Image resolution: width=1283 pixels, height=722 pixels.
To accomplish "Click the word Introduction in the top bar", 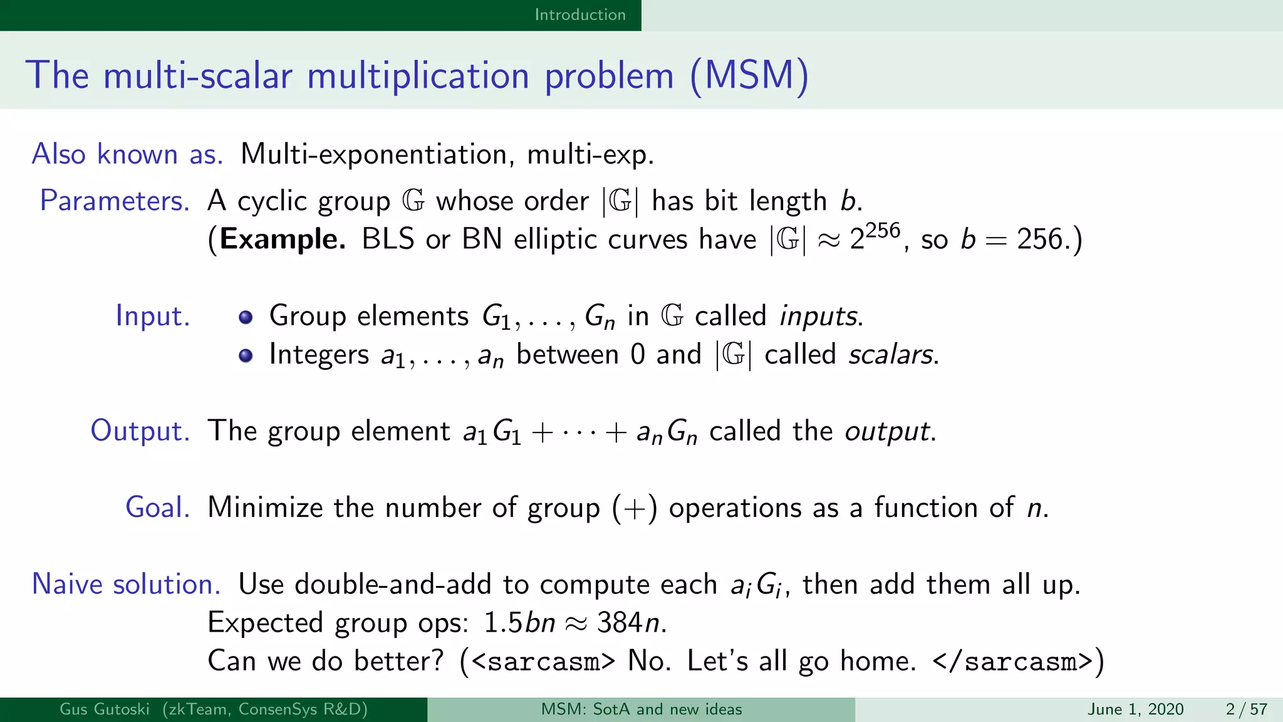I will tap(579, 14).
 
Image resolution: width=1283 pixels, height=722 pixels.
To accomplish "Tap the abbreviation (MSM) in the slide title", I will tap(749, 76).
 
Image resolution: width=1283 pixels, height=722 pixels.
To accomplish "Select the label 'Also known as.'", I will tap(127, 154).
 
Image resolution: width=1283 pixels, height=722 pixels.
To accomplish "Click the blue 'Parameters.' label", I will tap(115, 201).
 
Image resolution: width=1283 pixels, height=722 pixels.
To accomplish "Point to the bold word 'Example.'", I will tap(283, 239).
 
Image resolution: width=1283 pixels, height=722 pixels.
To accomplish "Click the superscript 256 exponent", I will tap(883, 231).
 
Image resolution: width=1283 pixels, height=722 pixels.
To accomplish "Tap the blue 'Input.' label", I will tap(153, 316).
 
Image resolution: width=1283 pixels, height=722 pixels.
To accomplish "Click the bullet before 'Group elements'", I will tap(246, 317).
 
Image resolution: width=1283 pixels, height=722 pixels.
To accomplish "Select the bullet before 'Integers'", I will tap(246, 355).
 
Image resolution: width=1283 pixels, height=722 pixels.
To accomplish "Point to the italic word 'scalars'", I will tap(892, 355).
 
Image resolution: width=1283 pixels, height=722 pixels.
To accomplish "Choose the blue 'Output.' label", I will tap(140, 431).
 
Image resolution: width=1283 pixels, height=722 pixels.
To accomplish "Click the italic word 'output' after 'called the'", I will tap(888, 432).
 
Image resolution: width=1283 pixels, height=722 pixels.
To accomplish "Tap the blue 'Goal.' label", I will tap(157, 508).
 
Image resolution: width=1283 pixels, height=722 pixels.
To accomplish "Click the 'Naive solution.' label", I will tap(126, 584).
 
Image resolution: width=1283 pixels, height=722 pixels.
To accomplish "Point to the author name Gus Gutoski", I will tap(105, 709).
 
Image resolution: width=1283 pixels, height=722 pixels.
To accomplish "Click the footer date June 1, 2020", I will tap(1135, 709).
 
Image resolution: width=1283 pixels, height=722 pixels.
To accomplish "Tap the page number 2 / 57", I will tap(1247, 709).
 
